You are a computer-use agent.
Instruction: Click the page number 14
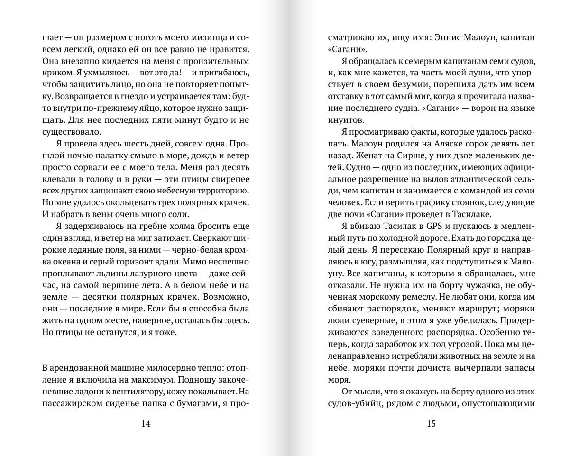coord(146,424)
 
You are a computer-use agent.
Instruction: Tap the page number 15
coord(431,424)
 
